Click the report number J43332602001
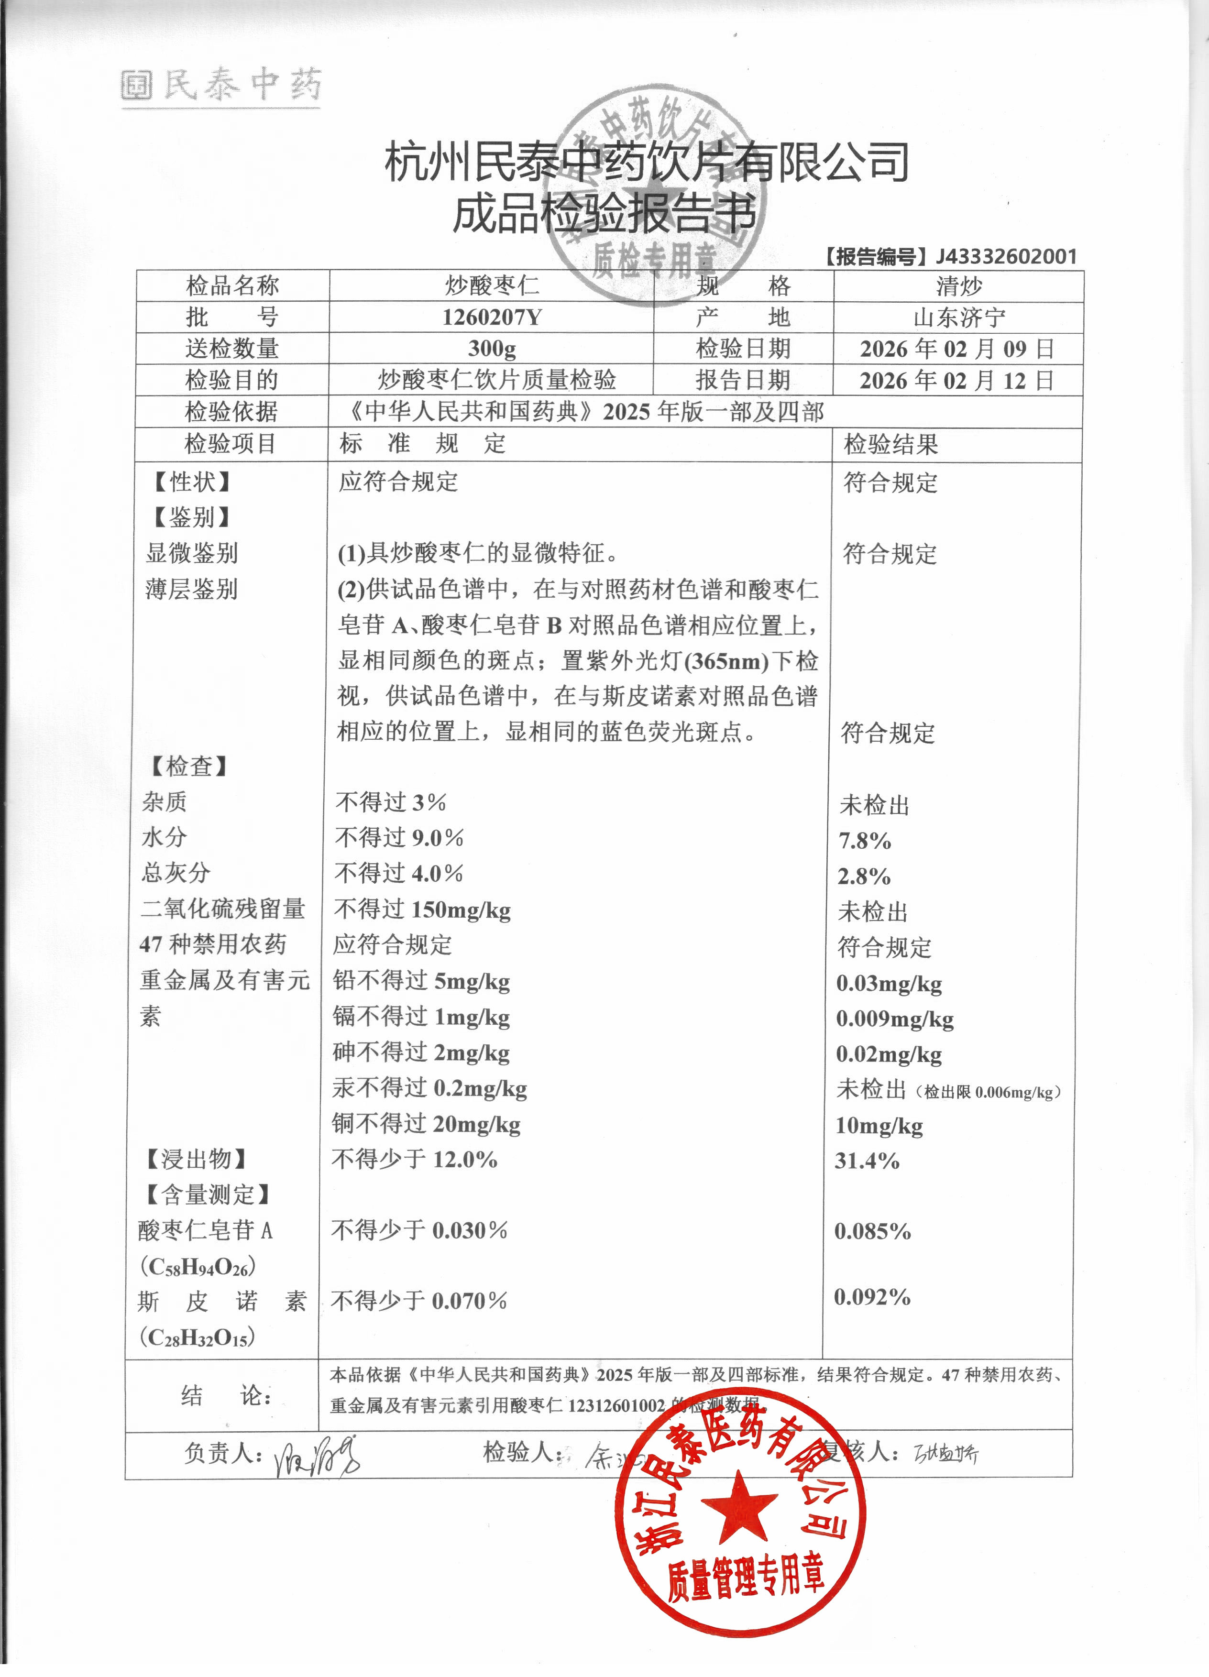[1006, 257]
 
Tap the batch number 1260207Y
[492, 317]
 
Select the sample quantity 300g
[492, 348]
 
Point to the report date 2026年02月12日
[957, 381]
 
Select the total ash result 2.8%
[864, 876]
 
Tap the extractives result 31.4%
[867, 1160]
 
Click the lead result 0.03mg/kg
[889, 984]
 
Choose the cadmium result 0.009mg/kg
[895, 1019]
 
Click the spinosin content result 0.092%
[872, 1296]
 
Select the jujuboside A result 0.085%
[872, 1231]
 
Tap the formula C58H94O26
[198, 1267]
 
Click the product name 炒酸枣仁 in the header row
[492, 285]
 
